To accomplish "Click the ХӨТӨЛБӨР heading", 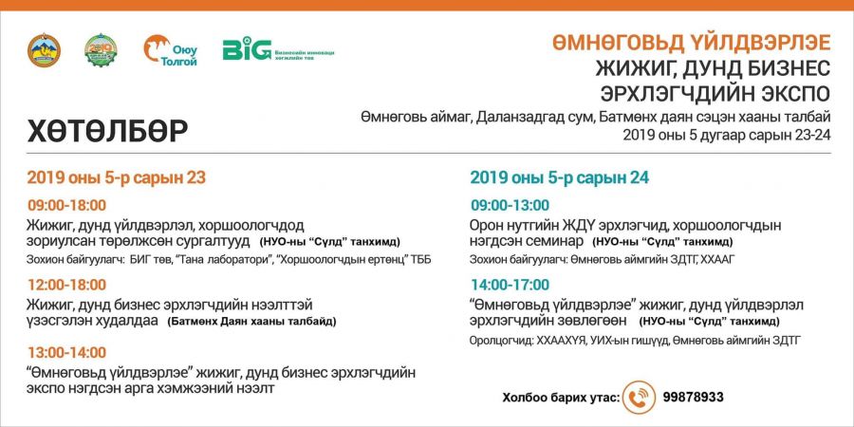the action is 108,131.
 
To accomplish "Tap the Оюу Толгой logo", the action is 171,50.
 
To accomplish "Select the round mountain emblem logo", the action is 44,50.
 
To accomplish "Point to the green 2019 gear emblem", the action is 101,50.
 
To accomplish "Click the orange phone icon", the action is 639,398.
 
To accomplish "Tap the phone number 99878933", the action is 694,398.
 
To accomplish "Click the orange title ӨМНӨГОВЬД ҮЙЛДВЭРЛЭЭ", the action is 692,43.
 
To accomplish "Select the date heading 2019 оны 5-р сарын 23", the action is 117,178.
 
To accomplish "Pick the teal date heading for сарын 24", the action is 559,178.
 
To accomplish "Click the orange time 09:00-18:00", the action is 67,206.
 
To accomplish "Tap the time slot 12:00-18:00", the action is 67,285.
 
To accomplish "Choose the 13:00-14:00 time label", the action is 67,353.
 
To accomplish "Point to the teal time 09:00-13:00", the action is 511,206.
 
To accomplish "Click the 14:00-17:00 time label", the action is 511,285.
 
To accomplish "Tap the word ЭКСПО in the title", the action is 794,93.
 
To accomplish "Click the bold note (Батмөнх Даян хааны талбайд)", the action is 251,322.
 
